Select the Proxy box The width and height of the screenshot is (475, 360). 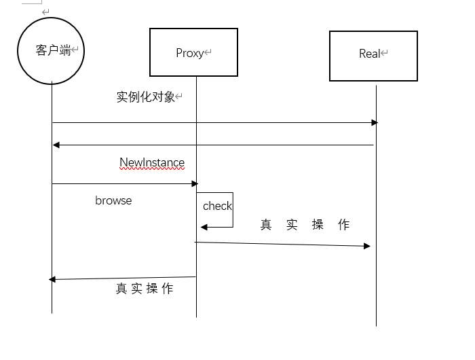pos(193,52)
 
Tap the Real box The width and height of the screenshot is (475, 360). pos(373,55)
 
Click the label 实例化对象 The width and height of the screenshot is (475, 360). pos(146,97)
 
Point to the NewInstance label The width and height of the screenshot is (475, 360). pos(152,163)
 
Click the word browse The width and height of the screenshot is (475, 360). pos(113,200)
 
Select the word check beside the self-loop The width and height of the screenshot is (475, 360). pos(217,206)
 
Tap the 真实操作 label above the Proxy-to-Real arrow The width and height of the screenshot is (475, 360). pos(305,225)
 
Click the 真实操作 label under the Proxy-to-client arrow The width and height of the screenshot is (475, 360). pos(145,289)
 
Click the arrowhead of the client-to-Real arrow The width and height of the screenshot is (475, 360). pos(374,123)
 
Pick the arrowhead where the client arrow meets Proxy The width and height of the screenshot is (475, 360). pos(194,183)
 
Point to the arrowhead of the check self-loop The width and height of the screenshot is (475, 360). pos(203,227)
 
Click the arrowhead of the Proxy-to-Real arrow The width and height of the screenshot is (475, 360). pos(367,246)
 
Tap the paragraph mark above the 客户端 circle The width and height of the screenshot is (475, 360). pos(45,12)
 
